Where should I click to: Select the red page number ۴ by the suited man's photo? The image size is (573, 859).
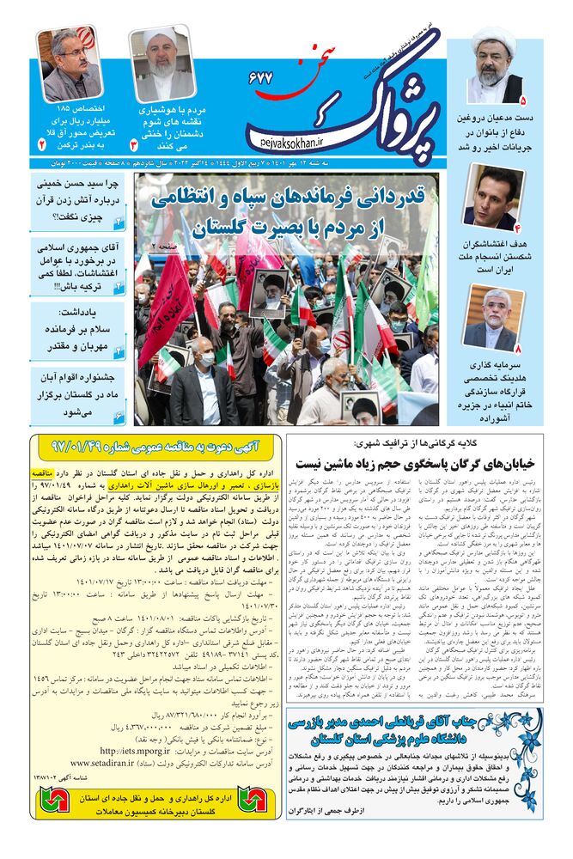pos(517,228)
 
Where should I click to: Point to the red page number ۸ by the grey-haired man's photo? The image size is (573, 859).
pos(517,349)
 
